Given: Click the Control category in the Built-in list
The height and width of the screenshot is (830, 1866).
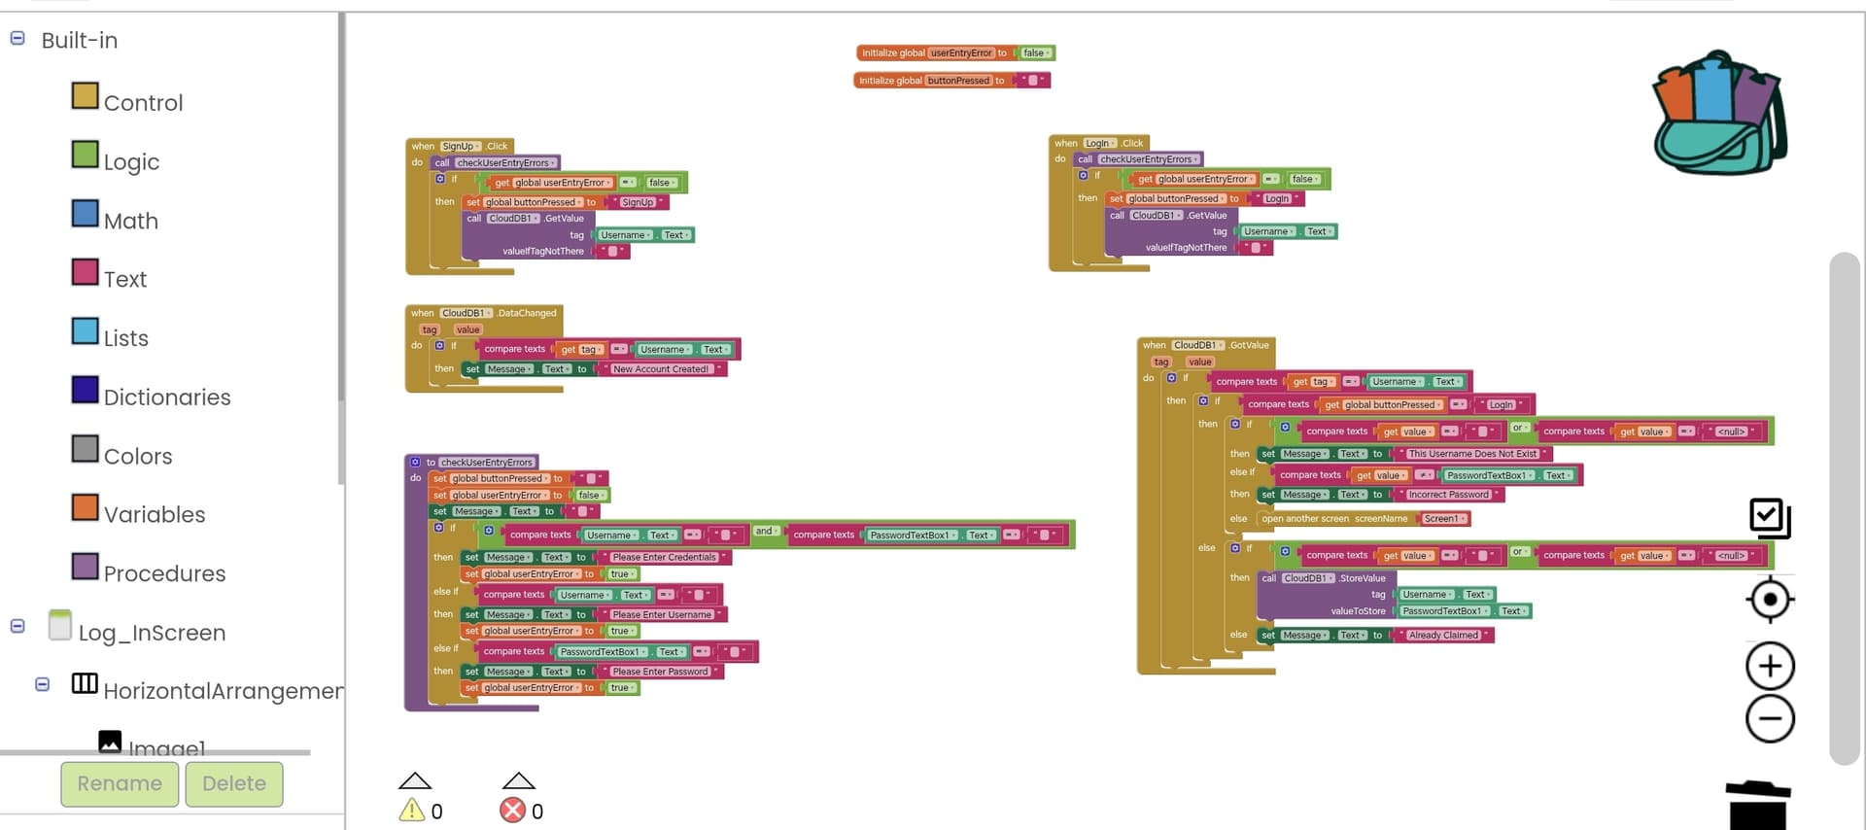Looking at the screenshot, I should [142, 102].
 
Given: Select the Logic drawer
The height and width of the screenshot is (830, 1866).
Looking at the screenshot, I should [130, 161].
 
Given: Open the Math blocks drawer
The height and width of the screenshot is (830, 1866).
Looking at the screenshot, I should [130, 221].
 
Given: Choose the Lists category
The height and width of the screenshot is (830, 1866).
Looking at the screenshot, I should [125, 338].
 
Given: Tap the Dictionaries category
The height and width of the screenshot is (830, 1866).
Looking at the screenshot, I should [166, 397].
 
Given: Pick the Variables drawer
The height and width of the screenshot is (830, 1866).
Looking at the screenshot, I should [154, 514].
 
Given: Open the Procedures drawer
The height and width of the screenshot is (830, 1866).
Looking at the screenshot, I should [163, 573].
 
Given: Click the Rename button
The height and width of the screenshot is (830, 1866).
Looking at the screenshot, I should [120, 783].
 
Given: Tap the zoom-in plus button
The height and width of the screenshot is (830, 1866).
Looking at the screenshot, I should [1770, 667].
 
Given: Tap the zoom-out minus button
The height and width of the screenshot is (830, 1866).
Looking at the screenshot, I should [1770, 719].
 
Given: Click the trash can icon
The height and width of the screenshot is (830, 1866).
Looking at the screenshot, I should [1758, 805].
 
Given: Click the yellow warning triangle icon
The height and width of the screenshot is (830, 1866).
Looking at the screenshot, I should [412, 810].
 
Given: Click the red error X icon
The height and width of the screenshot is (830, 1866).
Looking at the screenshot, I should [512, 810].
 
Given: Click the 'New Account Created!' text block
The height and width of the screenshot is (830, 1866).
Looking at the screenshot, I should [661, 369].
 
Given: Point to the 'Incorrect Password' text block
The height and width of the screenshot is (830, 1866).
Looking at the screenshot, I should [1448, 495].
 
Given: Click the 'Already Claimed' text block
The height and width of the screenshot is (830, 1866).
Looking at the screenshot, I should [1443, 636].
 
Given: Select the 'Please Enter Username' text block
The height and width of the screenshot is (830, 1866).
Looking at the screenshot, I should [662, 615].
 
